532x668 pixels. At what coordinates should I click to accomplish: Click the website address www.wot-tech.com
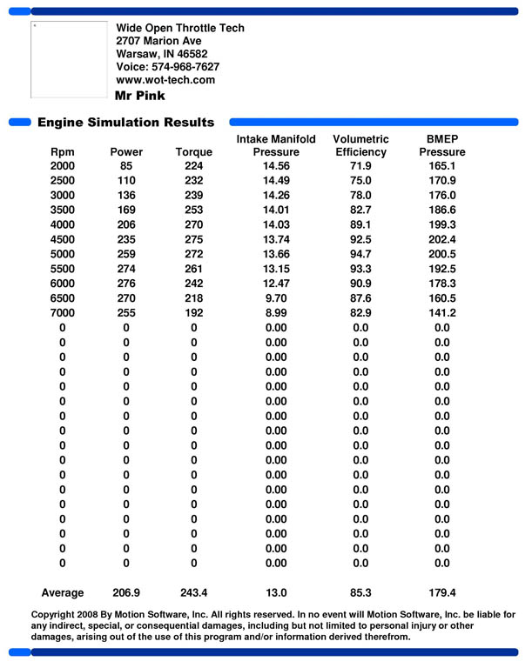(x=165, y=80)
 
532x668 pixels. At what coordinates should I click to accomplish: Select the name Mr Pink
(x=140, y=96)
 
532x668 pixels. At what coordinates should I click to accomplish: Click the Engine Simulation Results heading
(x=125, y=123)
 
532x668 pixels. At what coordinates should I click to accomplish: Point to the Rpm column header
(x=62, y=152)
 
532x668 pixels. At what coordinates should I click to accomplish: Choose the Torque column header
(x=193, y=152)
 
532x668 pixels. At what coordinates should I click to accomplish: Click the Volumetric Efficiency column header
(x=360, y=145)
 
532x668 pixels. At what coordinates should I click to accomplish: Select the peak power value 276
(x=126, y=284)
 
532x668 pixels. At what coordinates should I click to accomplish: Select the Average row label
(x=63, y=593)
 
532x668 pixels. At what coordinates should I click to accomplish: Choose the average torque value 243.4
(x=193, y=593)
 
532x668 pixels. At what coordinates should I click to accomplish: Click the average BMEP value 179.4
(x=442, y=593)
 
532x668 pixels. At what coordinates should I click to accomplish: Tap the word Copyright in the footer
(x=57, y=615)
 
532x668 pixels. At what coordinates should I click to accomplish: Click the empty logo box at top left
(x=69, y=59)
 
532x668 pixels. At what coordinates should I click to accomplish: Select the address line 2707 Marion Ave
(x=158, y=41)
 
